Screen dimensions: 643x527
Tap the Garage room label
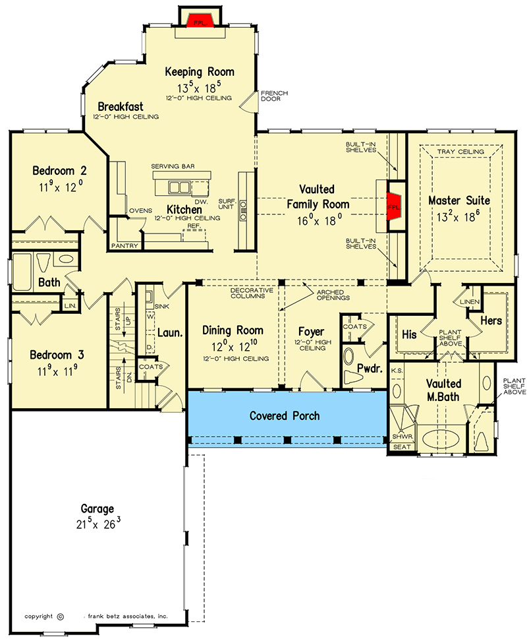click(x=97, y=508)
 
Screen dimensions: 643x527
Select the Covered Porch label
click(x=285, y=416)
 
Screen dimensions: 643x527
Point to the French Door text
click(x=274, y=96)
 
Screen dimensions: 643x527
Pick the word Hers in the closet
click(x=492, y=321)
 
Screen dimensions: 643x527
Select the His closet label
click(x=409, y=334)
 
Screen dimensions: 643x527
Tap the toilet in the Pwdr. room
click(x=350, y=360)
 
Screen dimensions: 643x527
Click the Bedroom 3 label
click(x=57, y=355)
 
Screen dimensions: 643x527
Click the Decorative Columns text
click(x=247, y=293)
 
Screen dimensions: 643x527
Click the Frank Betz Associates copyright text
click(x=125, y=616)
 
